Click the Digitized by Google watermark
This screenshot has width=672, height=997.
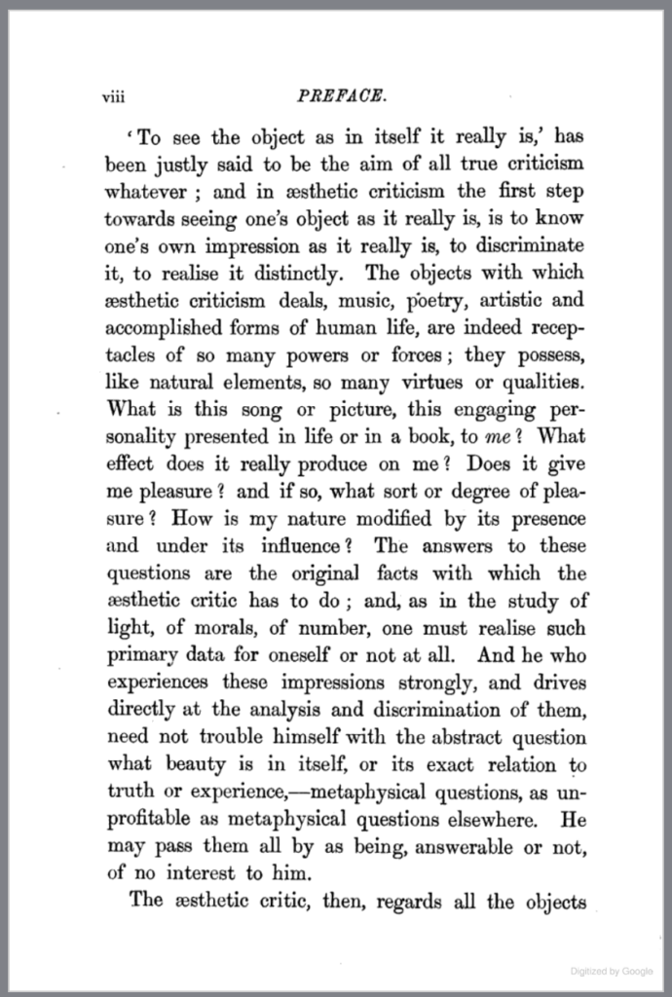point(612,972)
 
